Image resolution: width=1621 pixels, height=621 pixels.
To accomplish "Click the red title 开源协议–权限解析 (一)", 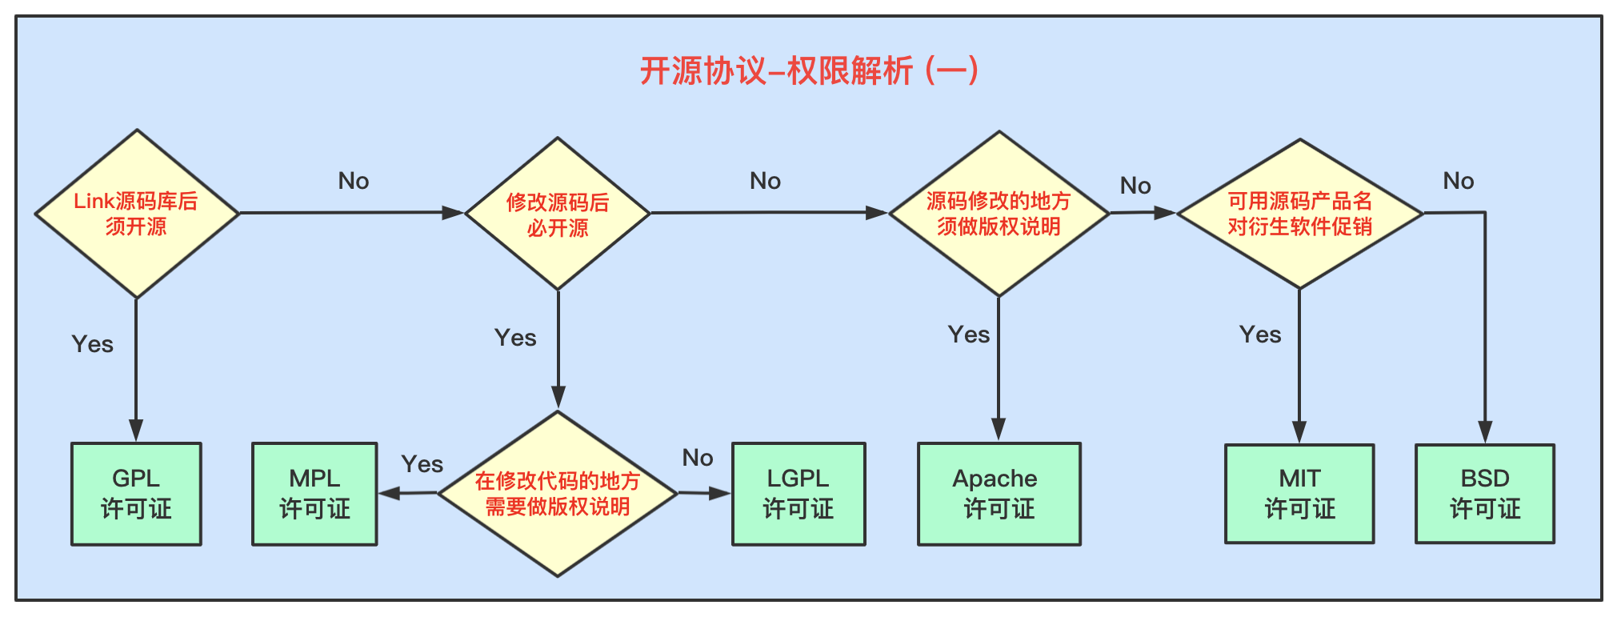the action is point(809,71).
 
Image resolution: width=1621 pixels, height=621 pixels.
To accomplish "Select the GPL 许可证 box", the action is point(136,494).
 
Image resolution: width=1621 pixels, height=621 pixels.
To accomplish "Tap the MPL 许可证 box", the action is point(314,494).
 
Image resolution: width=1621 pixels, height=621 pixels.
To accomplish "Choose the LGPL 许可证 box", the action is point(798,494).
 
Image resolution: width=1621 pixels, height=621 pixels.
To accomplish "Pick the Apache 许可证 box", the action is point(999,494).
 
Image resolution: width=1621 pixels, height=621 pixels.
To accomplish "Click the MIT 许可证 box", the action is point(1299,494).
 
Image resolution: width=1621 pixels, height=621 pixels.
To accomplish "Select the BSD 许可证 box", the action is point(1485,494).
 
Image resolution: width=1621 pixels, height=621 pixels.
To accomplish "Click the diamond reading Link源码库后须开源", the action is point(137,214).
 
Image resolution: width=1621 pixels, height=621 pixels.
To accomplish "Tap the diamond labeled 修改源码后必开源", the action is point(558,214).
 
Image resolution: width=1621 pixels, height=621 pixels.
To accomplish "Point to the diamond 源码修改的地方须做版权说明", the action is point(999,214).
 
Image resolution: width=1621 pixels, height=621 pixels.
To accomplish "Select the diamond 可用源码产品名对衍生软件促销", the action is point(1300,214).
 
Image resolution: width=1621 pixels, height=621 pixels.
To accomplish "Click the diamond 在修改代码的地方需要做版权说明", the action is point(558,494).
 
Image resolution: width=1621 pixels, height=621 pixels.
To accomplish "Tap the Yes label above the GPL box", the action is point(93,344).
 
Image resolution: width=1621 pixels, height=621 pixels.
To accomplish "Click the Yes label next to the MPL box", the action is point(422,464).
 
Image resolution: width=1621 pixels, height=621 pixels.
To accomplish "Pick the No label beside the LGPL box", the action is point(698,458).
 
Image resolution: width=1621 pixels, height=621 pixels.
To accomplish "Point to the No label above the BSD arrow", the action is point(1459,181).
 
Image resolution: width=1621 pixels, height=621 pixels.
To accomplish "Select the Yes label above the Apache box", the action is point(969,335).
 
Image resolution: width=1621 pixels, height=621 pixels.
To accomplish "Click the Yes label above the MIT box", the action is point(1260,335).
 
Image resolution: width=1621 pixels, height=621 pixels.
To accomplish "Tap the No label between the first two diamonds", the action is point(354,181).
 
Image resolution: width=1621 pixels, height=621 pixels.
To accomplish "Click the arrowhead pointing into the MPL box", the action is point(389,494).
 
